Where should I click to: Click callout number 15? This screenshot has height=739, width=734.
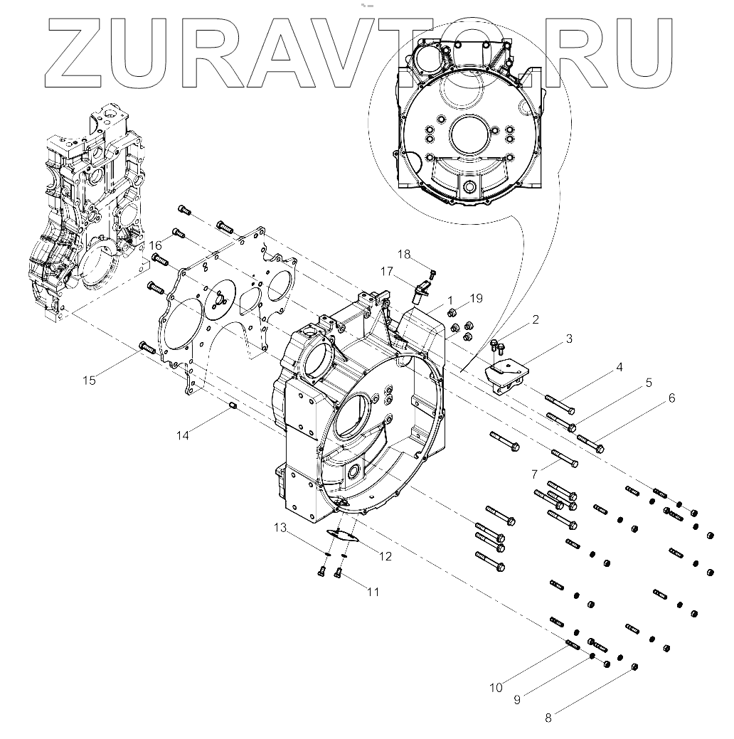[x=89, y=381]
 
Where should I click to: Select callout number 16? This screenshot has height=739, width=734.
[x=156, y=246]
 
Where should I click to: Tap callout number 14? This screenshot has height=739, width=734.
[x=183, y=435]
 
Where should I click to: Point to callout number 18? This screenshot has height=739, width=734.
[x=404, y=255]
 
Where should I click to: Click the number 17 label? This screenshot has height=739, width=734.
[x=387, y=272]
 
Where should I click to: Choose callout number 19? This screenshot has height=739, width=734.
[x=476, y=298]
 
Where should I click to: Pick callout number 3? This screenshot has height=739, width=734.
[x=569, y=339]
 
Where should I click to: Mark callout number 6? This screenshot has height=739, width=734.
[x=671, y=398]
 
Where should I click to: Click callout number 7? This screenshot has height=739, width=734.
[x=534, y=474]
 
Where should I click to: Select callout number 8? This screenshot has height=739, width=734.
[x=548, y=718]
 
